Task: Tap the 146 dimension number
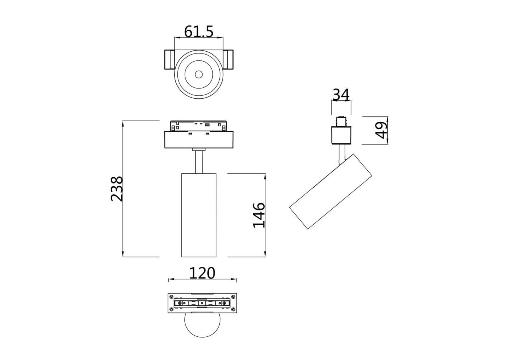click(x=259, y=215)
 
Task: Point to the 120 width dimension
click(x=202, y=273)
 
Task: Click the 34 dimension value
click(x=341, y=95)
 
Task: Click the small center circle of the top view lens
click(x=199, y=74)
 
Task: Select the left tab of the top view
click(x=169, y=59)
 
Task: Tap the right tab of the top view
click(x=229, y=59)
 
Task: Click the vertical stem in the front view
click(x=199, y=162)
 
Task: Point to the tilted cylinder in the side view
click(x=331, y=191)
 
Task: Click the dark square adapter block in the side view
click(x=341, y=135)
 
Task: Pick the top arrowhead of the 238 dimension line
click(x=123, y=123)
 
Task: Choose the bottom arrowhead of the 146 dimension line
click(x=265, y=254)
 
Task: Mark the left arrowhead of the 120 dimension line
click(x=170, y=280)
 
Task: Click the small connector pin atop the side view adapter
click(x=341, y=121)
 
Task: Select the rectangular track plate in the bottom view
click(x=202, y=303)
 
